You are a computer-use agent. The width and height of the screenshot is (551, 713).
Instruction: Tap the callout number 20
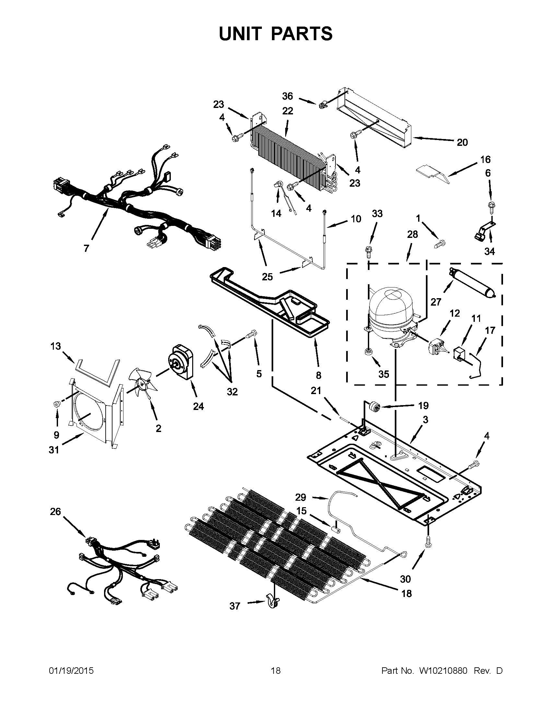click(462, 142)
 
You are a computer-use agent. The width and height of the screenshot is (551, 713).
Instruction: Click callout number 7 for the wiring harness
click(86, 249)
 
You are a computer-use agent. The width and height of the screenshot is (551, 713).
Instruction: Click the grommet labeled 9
click(57, 404)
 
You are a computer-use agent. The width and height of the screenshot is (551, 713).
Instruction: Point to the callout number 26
click(55, 511)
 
